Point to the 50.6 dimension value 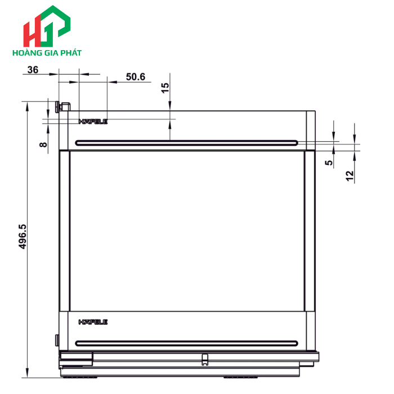point(135,77)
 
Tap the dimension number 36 point(33,70)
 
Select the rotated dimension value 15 point(165,88)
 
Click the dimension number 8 point(43,144)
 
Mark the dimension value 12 point(350,176)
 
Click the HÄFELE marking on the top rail point(93,121)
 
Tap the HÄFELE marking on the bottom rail point(93,322)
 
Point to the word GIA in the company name point(51,53)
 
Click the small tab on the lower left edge point(57,339)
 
